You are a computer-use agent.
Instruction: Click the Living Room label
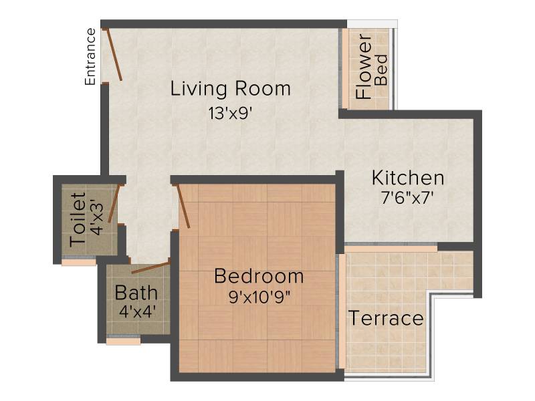click(x=230, y=89)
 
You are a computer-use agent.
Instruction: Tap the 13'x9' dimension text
click(x=230, y=113)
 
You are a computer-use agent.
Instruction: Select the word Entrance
click(x=90, y=57)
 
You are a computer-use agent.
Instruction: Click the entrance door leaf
click(x=114, y=55)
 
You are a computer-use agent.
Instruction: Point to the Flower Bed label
click(x=371, y=66)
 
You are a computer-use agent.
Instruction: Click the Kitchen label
click(x=408, y=178)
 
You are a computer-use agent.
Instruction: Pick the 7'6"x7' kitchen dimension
click(x=407, y=197)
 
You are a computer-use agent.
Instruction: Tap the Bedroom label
click(x=259, y=275)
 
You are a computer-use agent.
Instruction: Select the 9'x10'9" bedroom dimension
click(x=259, y=297)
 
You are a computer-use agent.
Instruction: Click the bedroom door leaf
click(x=182, y=206)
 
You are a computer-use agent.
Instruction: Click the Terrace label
click(x=386, y=318)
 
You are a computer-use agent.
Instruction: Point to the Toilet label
click(x=78, y=220)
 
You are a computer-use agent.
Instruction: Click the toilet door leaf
click(x=114, y=204)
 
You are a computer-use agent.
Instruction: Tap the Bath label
click(x=136, y=293)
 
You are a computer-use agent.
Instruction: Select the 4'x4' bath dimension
click(x=137, y=311)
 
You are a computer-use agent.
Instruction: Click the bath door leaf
click(x=151, y=268)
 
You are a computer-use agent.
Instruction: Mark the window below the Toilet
click(x=79, y=261)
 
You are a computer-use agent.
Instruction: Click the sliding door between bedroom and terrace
click(x=341, y=311)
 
